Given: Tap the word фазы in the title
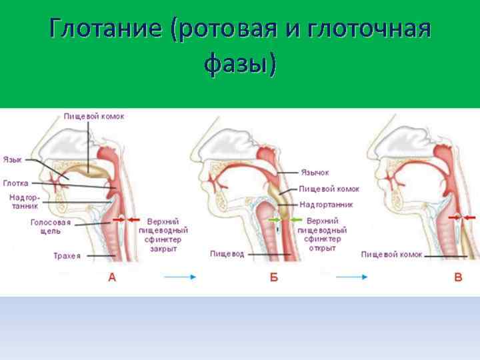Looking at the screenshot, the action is [x=236, y=65].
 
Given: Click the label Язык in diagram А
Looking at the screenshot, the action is [x=13, y=160].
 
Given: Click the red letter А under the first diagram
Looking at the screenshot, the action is [x=112, y=277].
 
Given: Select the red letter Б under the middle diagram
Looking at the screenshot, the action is [x=274, y=277].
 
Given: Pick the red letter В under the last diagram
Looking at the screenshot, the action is [x=458, y=277].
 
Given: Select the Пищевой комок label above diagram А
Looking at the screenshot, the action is [x=93, y=116].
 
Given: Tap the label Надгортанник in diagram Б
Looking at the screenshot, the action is [x=326, y=205].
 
